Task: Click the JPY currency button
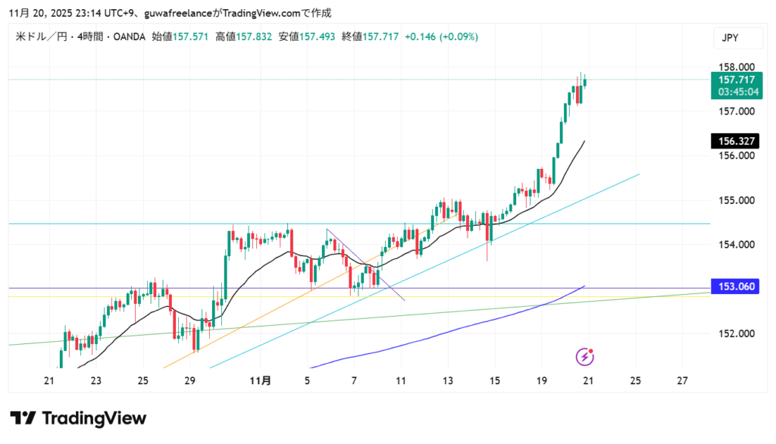(x=731, y=37)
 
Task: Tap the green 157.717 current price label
(x=735, y=80)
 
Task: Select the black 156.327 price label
(x=735, y=141)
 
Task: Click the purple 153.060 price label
(x=735, y=286)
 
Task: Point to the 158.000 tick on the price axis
(x=735, y=67)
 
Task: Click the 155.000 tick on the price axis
(x=735, y=201)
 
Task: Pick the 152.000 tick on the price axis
(x=735, y=333)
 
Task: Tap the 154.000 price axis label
(x=735, y=245)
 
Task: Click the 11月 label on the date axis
(x=261, y=381)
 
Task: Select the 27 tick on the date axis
(x=683, y=381)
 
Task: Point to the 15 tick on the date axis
(x=495, y=381)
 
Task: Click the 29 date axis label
(x=189, y=381)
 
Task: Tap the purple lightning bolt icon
(x=585, y=356)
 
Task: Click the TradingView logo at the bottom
(x=78, y=418)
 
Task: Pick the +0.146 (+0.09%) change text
(x=442, y=36)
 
